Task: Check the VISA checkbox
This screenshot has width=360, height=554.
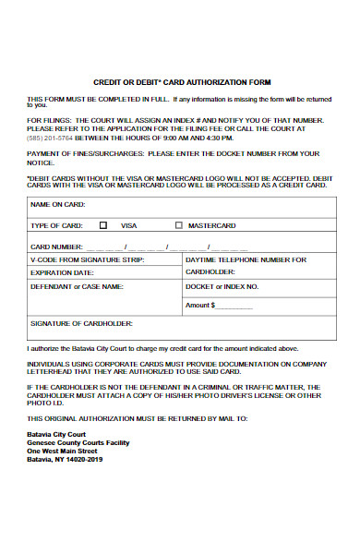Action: [103, 224]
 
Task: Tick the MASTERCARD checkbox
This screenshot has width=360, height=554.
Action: [179, 224]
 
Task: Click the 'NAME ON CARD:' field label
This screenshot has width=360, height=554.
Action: [58, 203]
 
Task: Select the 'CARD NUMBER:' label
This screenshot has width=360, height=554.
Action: [57, 247]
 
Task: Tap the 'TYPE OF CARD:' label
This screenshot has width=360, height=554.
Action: [57, 225]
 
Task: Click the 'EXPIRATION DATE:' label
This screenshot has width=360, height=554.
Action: [62, 273]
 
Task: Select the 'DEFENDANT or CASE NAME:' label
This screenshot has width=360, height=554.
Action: [77, 286]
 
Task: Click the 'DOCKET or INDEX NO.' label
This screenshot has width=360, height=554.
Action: [222, 286]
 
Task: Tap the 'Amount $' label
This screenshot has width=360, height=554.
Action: [200, 305]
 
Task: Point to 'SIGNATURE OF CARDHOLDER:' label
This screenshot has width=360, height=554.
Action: [82, 323]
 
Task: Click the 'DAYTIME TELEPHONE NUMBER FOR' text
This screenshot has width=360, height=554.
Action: [246, 259]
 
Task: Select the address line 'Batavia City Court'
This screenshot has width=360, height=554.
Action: [56, 432]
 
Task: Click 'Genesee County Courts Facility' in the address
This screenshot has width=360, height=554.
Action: [78, 441]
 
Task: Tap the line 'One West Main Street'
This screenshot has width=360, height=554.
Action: [62, 450]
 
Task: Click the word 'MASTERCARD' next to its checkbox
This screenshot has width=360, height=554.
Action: [211, 225]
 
